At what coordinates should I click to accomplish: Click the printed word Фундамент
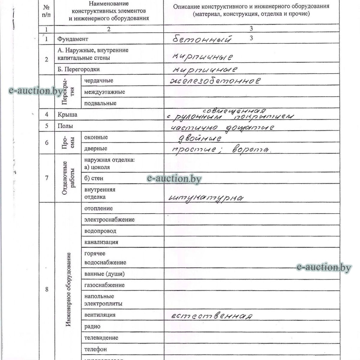coord(73,39)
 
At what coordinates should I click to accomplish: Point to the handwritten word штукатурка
coord(206,198)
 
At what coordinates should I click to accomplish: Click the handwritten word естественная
coord(212,316)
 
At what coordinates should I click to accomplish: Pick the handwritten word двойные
coord(199,138)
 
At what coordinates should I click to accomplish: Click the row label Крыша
coord(67,115)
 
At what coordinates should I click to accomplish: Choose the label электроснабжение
coord(109,220)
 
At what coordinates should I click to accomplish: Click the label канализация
coord(101,242)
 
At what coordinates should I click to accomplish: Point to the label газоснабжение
coord(104,285)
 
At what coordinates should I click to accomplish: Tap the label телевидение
coord(101,338)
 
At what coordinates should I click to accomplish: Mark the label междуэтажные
coord(104,92)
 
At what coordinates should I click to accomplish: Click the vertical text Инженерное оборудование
coord(68,289)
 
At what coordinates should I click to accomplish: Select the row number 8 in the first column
coord(46,289)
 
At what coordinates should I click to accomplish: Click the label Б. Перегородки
coord(79,69)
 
